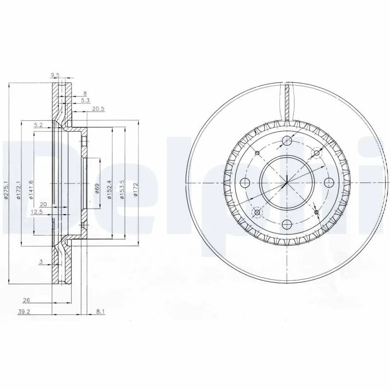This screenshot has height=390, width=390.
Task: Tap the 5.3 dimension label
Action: [x=85, y=100]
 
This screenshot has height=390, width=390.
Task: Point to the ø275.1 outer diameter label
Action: [x=6, y=188]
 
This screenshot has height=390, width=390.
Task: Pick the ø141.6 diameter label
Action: [x=31, y=188]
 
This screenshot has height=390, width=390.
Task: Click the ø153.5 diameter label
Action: [x=122, y=187]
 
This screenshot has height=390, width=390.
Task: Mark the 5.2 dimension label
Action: [x=39, y=125]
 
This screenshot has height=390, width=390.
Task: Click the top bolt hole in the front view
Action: [x=287, y=141]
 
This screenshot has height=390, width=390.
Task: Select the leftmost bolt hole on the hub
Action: [x=246, y=182]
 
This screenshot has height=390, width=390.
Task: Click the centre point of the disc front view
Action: [x=287, y=182]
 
